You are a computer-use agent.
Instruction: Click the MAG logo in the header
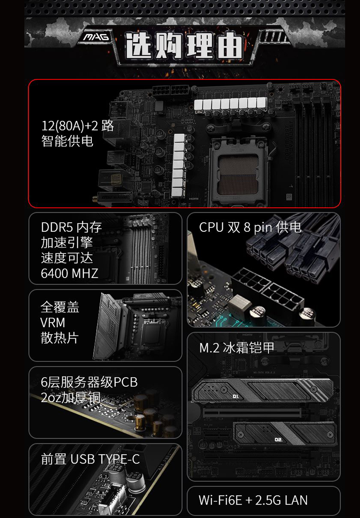tap(96, 37)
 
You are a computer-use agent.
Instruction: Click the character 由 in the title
tap(229, 45)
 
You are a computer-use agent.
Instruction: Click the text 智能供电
tap(67, 141)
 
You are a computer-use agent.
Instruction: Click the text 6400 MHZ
tap(69, 273)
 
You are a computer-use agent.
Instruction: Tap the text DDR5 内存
tap(71, 227)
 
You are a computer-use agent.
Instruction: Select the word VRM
tap(53, 323)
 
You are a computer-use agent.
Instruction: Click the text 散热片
tap(60, 338)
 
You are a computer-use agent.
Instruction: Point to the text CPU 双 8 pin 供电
tap(250, 227)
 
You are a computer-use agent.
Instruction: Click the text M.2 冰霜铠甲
tap(237, 347)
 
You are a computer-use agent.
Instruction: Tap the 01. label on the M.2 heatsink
tap(236, 397)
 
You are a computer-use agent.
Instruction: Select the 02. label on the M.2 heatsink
tap(279, 439)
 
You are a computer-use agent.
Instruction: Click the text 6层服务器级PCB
tap(89, 382)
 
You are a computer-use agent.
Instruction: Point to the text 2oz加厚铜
tap(71, 398)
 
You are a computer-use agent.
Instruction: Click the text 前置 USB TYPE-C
tap(91, 459)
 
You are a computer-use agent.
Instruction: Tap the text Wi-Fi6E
tap(220, 500)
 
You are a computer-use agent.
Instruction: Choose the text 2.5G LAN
tap(281, 500)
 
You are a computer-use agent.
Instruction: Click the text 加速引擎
tap(67, 242)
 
